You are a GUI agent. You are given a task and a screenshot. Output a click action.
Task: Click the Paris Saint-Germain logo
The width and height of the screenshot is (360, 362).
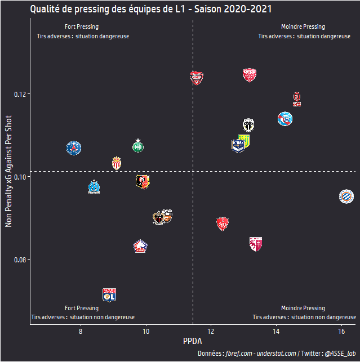pyautogui.click(x=73, y=148)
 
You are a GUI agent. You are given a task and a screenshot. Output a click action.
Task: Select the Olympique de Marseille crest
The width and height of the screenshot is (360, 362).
pyautogui.click(x=94, y=187)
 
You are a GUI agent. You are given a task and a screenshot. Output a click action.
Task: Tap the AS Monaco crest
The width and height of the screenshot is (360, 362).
pyautogui.click(x=117, y=163)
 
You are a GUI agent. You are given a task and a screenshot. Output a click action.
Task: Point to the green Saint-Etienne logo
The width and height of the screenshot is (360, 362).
pyautogui.click(x=138, y=145)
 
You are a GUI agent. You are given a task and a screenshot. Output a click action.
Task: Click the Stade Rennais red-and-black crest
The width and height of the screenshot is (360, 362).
pyautogui.click(x=143, y=181)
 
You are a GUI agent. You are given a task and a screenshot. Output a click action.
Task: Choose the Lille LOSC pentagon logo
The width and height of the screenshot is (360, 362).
pyautogui.click(x=140, y=246)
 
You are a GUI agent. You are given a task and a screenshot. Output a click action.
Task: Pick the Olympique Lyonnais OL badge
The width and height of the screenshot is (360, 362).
pyautogui.click(x=109, y=294)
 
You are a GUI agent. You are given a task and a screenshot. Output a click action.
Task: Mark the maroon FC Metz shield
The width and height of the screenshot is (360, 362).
pyautogui.click(x=256, y=243)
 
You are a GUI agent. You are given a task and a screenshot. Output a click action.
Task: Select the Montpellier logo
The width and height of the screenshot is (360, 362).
pyautogui.click(x=346, y=196)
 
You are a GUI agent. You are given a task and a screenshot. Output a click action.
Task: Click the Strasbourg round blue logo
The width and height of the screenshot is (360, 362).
pyautogui.click(x=286, y=119)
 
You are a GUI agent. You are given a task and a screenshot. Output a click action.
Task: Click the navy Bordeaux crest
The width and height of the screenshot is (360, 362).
pyautogui.click(x=238, y=146)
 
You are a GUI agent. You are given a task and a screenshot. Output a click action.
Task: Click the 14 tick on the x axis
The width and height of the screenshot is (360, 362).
pyautogui.click(x=276, y=333)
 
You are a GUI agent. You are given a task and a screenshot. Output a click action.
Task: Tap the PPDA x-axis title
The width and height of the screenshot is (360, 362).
pyautogui.click(x=192, y=342)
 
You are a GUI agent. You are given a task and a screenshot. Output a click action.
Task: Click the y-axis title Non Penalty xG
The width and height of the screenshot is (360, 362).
pyautogui.click(x=8, y=171)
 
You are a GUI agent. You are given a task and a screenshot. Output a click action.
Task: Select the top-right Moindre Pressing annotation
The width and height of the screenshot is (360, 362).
pyautogui.click(x=303, y=27)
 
